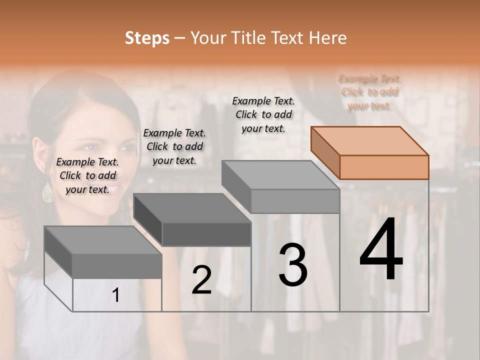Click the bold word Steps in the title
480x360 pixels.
click(147, 38)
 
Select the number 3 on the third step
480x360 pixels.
click(292, 264)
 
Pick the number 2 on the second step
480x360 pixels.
click(201, 280)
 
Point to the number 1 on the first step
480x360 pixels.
click(116, 295)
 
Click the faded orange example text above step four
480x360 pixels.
click(369, 92)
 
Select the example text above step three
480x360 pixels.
click(263, 114)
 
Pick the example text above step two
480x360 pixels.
click(174, 146)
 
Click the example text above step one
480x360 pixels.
click(87, 175)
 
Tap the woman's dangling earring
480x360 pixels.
click(48, 192)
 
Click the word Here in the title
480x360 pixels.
click(328, 38)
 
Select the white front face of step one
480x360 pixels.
click(117, 295)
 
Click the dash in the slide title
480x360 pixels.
click(180, 38)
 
